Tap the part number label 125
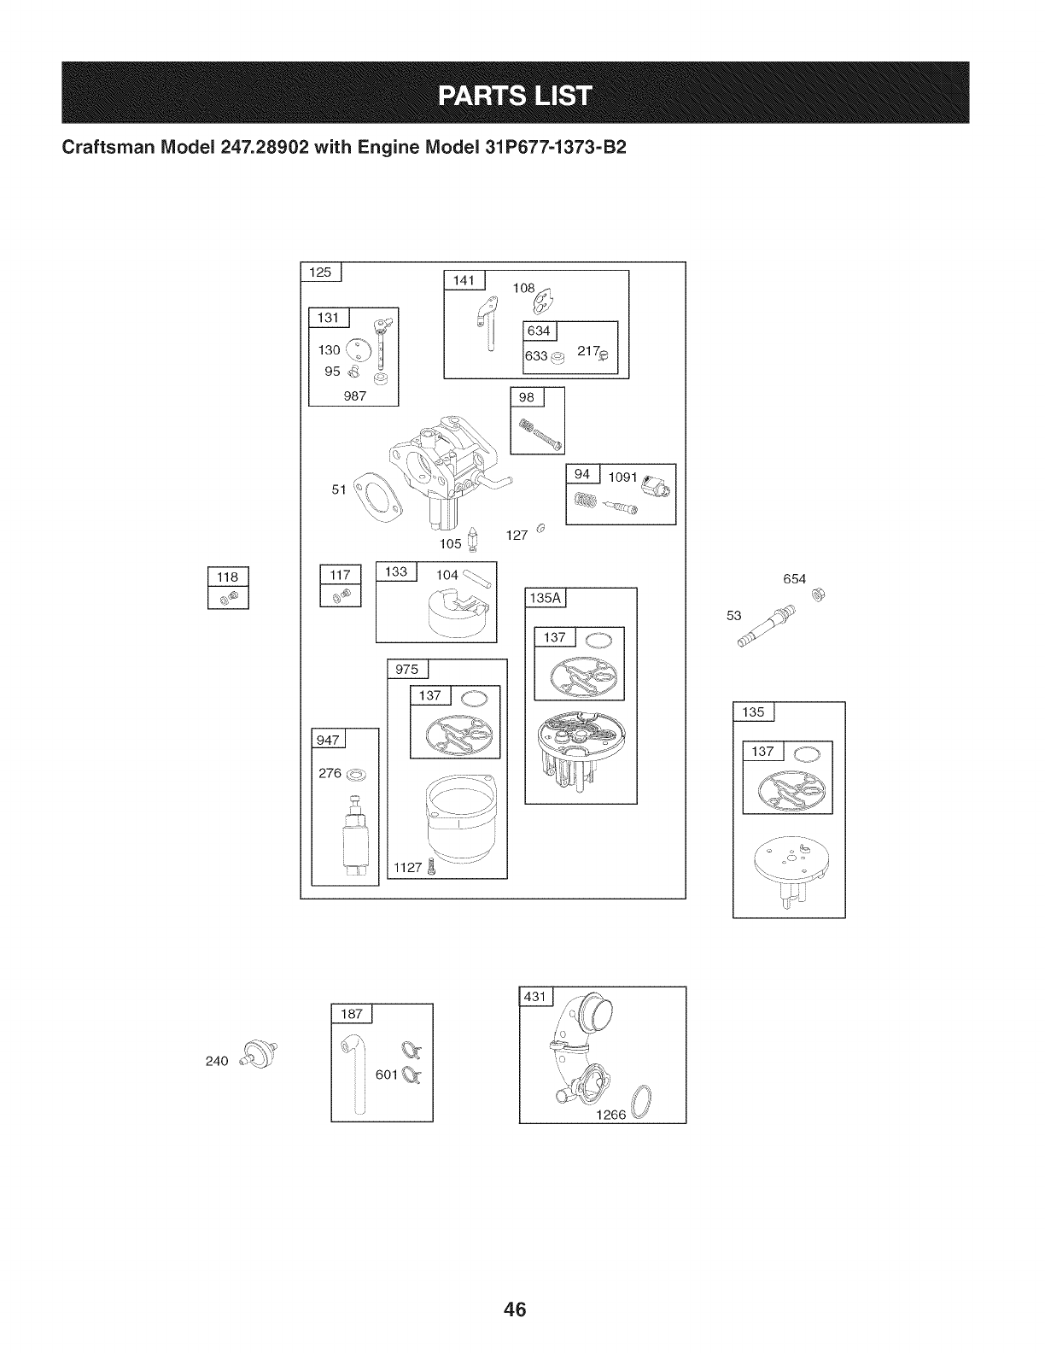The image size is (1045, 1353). pyautogui.click(x=319, y=272)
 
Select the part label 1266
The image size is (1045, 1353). pyautogui.click(x=612, y=1115)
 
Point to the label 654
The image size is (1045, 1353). pyautogui.click(x=794, y=578)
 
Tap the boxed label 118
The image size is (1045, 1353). pyautogui.click(x=227, y=577)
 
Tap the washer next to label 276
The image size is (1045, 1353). pyautogui.click(x=359, y=774)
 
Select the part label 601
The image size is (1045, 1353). pyautogui.click(x=387, y=1074)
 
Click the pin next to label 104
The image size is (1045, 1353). pyautogui.click(x=476, y=580)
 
